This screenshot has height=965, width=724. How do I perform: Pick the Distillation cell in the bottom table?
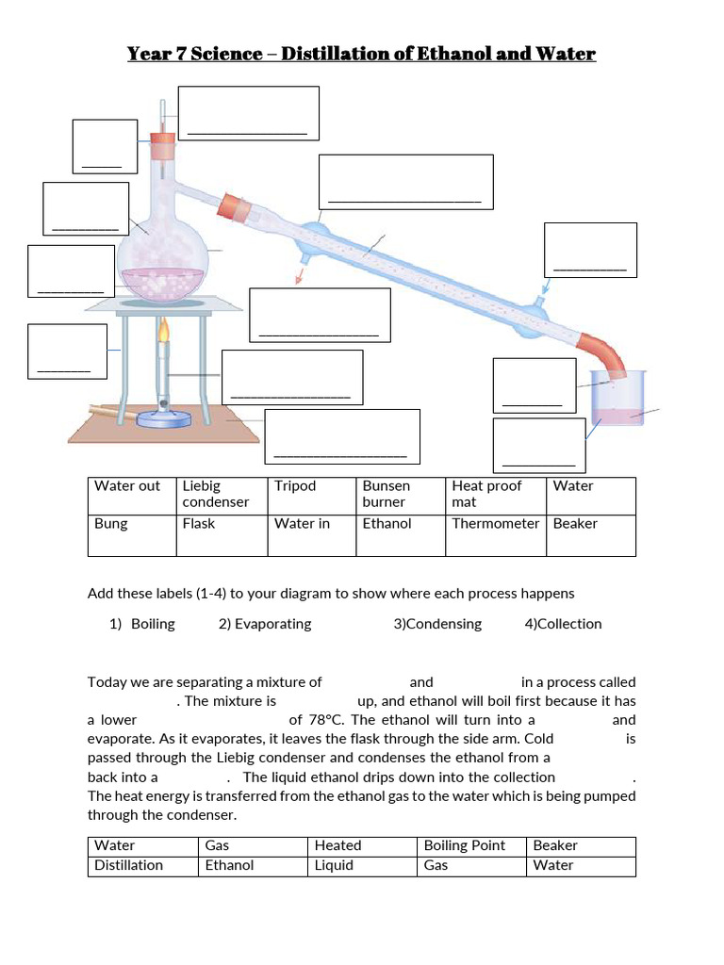click(142, 865)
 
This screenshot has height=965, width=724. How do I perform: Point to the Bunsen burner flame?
click(164, 331)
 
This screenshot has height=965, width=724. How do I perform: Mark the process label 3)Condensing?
click(437, 624)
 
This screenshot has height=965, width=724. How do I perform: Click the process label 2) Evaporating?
click(265, 624)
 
